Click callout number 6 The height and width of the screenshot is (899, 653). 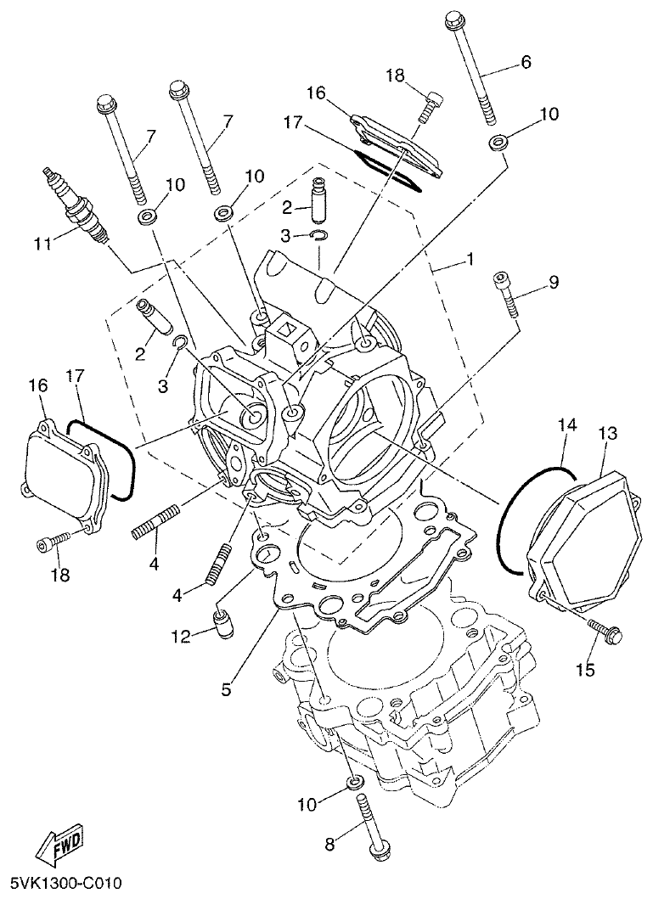[525, 62]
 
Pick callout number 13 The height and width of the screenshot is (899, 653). [606, 434]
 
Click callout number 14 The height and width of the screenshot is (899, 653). [566, 423]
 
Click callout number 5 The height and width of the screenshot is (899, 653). [226, 689]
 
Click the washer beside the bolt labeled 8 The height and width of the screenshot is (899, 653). [355, 780]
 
